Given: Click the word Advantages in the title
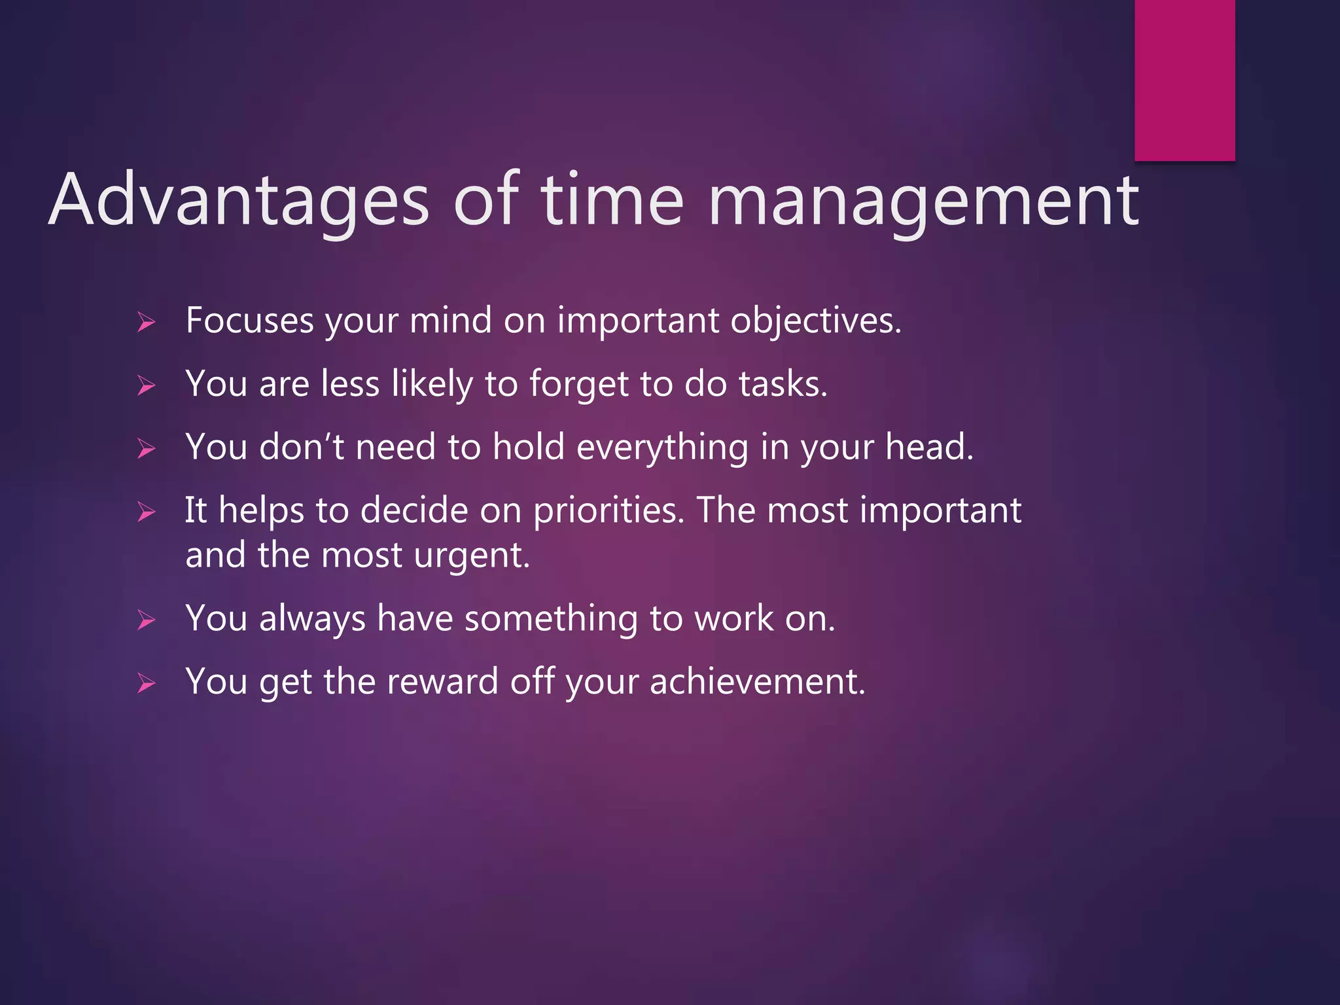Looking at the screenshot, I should click(239, 200).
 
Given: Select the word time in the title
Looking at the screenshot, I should click(612, 200).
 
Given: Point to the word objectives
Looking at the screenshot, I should click(815, 321).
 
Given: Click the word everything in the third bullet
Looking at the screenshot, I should click(662, 448).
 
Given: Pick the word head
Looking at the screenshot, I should click(929, 448).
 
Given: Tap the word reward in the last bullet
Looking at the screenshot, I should click(442, 682).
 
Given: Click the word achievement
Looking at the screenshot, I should click(757, 682).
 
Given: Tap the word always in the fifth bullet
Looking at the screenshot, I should click(312, 618).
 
